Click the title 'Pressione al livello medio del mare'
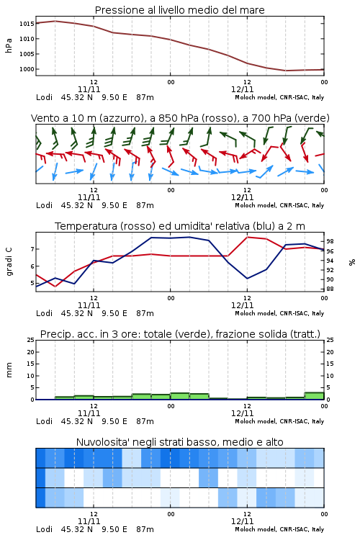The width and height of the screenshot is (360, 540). point(179,10)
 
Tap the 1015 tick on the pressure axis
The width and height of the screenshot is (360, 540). point(27,24)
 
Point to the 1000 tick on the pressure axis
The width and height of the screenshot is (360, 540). point(27,69)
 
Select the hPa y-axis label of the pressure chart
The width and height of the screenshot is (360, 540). point(9,45)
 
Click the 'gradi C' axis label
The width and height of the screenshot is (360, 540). point(9,261)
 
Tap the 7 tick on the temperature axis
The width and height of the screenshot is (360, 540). point(32,249)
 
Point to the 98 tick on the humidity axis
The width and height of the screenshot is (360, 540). point(330,241)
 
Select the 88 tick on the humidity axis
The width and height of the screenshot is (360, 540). point(330,289)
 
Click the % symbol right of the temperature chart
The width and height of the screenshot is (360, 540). point(352,262)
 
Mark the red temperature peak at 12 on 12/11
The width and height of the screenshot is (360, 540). point(248,237)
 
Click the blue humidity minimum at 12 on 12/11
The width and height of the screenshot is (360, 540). point(248,278)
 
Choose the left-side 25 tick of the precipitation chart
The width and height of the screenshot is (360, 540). point(31,340)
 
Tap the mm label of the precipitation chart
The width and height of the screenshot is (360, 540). point(9,370)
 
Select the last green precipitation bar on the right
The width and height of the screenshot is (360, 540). point(314,396)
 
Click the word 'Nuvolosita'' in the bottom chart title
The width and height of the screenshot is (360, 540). point(101,442)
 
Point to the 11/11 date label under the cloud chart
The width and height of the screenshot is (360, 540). point(89,521)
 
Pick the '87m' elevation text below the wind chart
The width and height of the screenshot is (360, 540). point(145,205)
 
